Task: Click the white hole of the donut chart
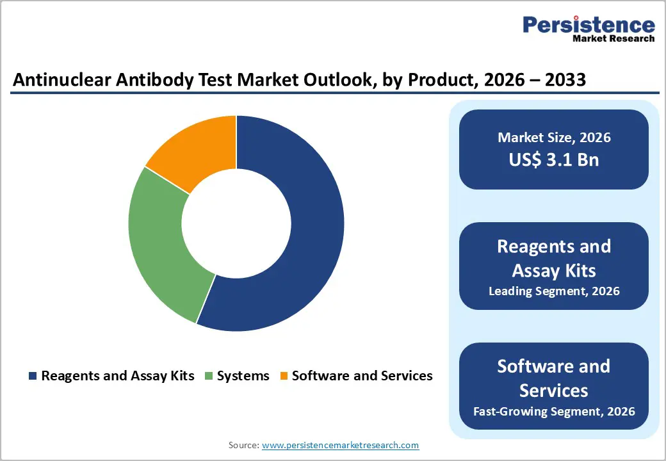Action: coord(236,223)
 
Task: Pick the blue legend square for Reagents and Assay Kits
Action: coord(33,376)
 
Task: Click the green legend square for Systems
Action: coord(209,376)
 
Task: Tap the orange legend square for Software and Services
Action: coord(283,376)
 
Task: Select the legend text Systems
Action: coord(243,376)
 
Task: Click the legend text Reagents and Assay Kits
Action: coord(117,376)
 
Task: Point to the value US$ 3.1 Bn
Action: coord(554,159)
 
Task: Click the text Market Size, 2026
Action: coord(554,137)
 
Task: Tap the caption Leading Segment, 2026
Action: coord(554,291)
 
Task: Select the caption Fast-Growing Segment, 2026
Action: coord(554,410)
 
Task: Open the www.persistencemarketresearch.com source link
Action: coord(340,444)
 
